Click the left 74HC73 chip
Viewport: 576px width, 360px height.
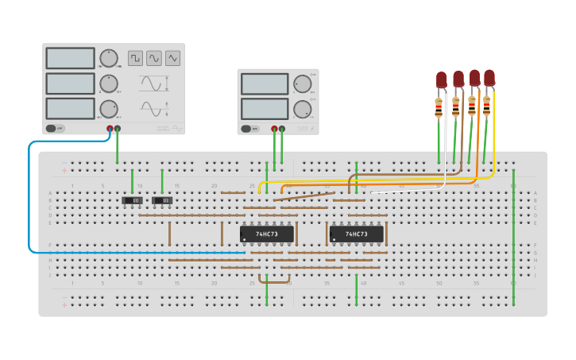click(x=267, y=234)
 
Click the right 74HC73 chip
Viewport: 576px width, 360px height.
click(x=357, y=234)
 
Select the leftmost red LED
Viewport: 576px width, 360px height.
click(x=442, y=79)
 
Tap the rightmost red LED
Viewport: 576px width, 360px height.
click(x=489, y=77)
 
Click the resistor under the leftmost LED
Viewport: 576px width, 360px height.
click(x=439, y=108)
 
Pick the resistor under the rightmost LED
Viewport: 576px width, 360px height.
click(x=486, y=105)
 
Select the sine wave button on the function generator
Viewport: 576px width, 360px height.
click(x=154, y=58)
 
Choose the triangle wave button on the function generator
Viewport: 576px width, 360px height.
click(x=172, y=58)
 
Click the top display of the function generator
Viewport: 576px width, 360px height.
click(x=71, y=58)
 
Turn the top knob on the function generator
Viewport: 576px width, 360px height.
click(x=109, y=58)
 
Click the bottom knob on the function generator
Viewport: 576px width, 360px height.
click(x=109, y=109)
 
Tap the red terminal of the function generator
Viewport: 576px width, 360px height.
click(x=110, y=128)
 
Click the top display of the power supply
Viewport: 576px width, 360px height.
click(x=264, y=83)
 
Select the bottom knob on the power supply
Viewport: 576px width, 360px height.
click(x=302, y=109)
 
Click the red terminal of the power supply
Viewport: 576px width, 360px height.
click(x=274, y=128)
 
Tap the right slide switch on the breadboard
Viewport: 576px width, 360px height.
click(x=163, y=200)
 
